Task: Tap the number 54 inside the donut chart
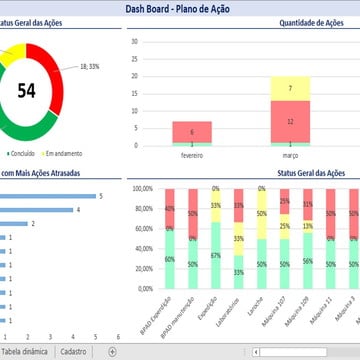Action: (27, 91)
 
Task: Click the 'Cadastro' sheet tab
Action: (73, 352)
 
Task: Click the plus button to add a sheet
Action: (112, 352)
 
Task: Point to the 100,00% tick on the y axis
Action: (140, 188)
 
